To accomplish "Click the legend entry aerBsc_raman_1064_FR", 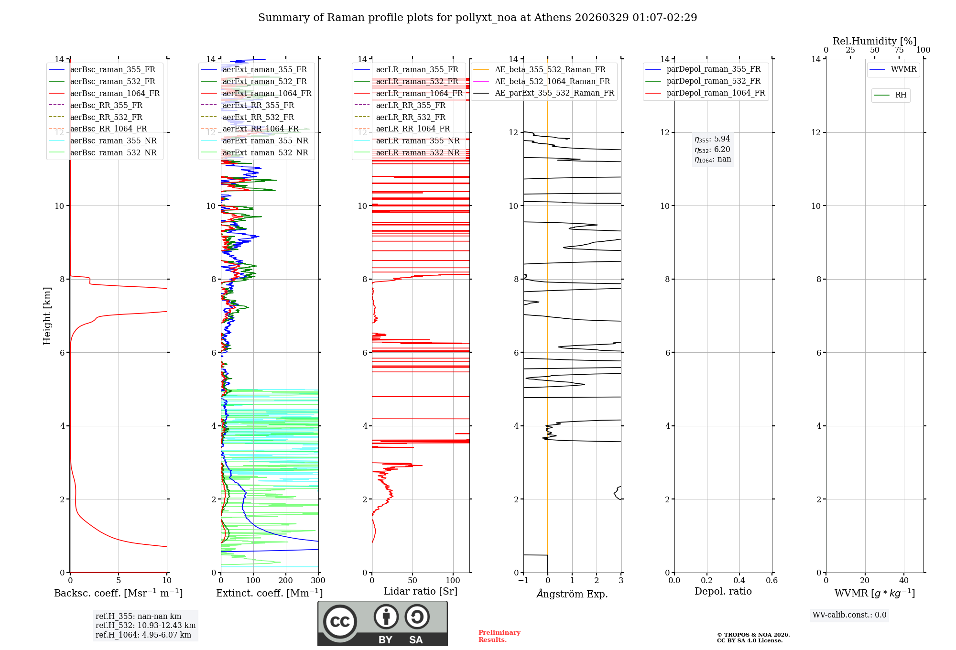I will [115, 94].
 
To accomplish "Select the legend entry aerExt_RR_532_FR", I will [258, 117].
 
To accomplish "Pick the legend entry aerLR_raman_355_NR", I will [417, 141].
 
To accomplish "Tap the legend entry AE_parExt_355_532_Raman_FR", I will [554, 93].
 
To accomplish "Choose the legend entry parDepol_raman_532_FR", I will [713, 81].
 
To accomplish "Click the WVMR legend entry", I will [903, 69].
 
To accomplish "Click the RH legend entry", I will [901, 95].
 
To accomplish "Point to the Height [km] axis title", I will [47, 315].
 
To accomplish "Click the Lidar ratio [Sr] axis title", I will [420, 591].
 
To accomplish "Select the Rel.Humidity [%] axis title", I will [874, 41].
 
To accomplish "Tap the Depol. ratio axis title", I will [723, 591].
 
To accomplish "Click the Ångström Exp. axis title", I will [572, 594].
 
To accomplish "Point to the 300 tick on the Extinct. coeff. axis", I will [318, 581].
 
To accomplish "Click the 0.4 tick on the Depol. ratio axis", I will [739, 581].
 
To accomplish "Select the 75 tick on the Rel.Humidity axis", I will [899, 50].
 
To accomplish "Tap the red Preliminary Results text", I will [499, 636].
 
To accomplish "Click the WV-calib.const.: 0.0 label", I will [849, 615].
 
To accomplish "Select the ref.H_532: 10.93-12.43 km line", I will [145, 625].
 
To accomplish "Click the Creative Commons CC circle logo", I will [340, 622].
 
